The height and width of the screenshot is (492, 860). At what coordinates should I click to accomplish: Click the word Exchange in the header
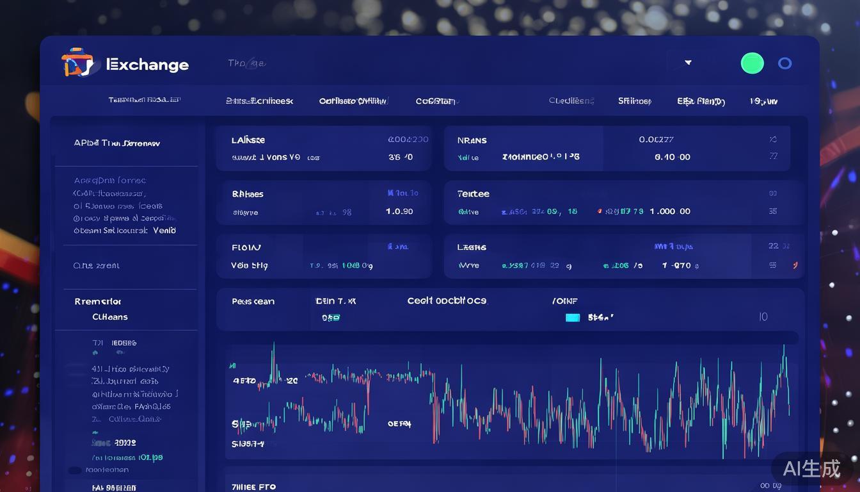point(148,65)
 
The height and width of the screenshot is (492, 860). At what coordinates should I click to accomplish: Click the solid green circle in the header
point(752,63)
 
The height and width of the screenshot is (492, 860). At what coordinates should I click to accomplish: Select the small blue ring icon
point(784,63)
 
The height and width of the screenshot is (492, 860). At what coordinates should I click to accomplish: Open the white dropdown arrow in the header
point(688,63)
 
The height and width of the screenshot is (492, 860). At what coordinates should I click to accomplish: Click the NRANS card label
point(472,140)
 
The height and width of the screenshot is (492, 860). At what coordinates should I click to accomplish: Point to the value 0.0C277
point(656,139)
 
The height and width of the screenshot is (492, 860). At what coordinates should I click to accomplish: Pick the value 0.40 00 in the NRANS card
point(672,157)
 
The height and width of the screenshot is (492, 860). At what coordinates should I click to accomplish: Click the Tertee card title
point(473,194)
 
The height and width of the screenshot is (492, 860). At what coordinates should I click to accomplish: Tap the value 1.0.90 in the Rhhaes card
point(399,211)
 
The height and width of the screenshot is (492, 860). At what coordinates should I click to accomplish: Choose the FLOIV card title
point(246,247)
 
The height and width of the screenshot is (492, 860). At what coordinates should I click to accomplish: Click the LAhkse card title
point(248,140)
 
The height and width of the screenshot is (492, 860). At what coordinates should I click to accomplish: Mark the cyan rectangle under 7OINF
point(573,317)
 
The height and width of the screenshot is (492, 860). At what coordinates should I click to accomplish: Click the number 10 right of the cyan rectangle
point(763,317)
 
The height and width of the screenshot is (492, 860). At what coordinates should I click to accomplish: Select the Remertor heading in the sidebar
point(98,302)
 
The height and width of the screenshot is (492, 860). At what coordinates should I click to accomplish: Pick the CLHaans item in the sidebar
point(109,317)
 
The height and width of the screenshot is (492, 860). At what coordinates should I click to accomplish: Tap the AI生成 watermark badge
point(811,469)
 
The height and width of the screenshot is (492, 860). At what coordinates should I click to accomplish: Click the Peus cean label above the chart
point(253,302)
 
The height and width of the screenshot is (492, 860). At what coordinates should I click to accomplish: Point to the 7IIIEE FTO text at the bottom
point(253,487)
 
